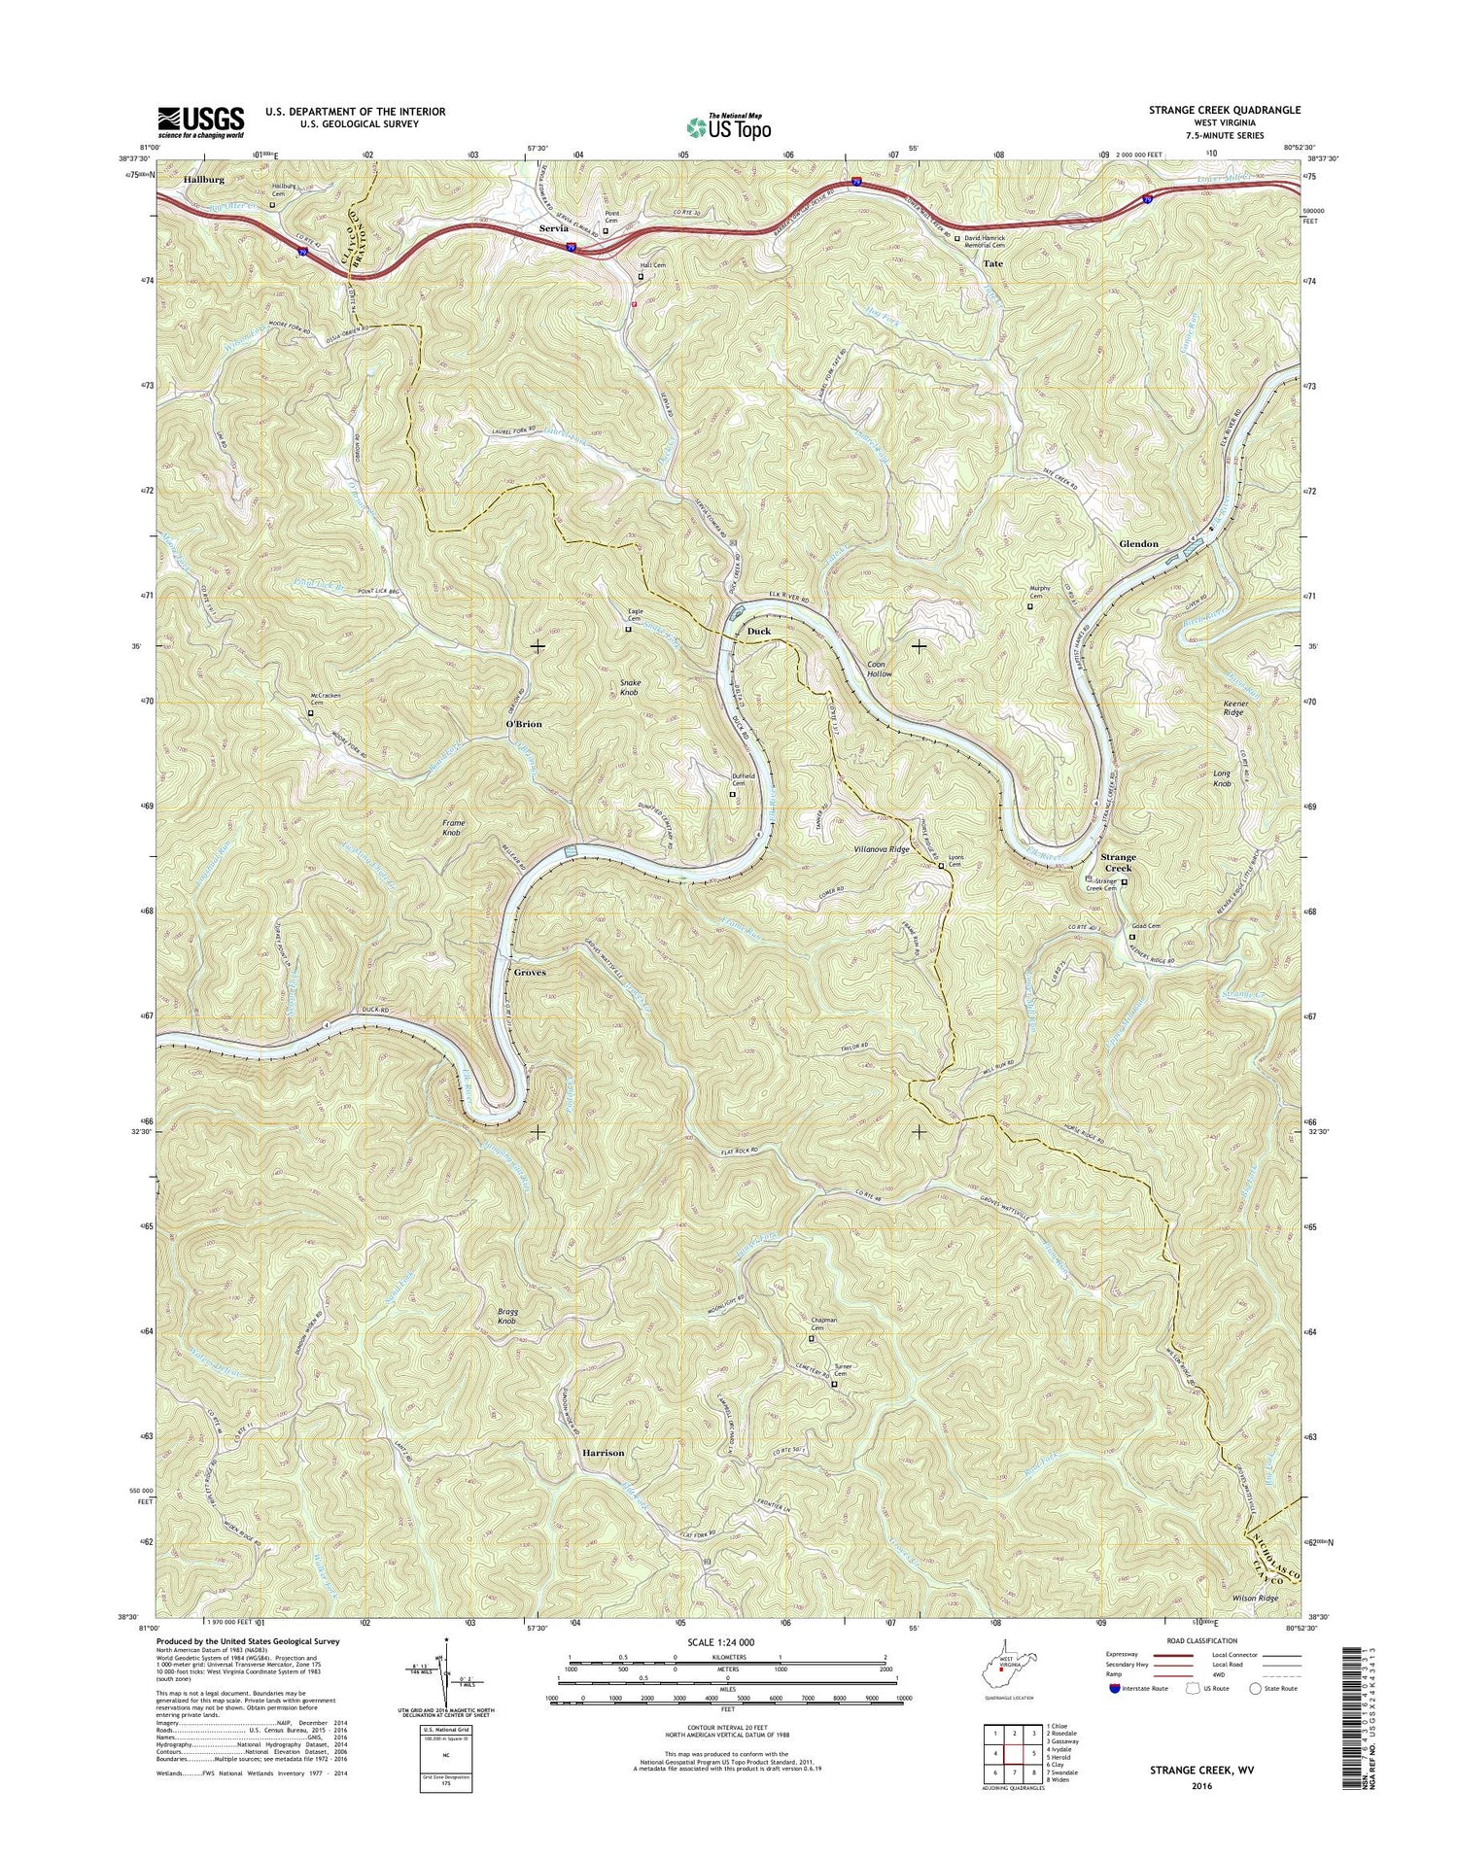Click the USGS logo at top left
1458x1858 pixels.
point(200,122)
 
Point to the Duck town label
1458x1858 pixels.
point(758,632)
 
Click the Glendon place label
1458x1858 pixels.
point(1138,544)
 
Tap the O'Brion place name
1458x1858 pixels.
point(524,724)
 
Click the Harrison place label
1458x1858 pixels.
point(603,1452)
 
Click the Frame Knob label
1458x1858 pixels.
point(453,828)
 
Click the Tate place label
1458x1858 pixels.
point(992,263)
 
